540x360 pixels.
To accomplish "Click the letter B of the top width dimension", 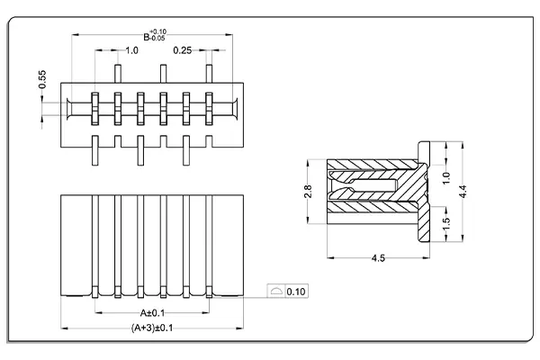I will [x=146, y=37].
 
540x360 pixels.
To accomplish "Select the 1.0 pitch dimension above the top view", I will [x=131, y=51].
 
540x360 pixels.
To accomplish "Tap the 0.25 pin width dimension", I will [x=182, y=51].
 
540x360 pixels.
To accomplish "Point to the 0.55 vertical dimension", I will [x=42, y=79].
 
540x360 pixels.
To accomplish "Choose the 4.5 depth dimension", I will [x=378, y=259].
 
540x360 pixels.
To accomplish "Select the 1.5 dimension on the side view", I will [x=446, y=222].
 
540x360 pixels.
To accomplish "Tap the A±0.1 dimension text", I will [x=151, y=313].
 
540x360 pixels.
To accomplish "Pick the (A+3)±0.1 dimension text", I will [x=151, y=328].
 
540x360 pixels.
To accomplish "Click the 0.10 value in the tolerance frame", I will [x=297, y=292].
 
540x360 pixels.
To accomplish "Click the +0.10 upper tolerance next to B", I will [x=158, y=32].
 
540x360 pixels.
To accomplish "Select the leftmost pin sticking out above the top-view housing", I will [x=116, y=73].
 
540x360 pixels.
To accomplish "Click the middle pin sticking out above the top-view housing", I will [x=162, y=73].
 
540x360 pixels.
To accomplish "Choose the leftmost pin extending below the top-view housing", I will [x=94, y=150].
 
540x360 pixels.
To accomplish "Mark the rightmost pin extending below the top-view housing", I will [x=185, y=150].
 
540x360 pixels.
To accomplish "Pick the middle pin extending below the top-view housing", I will [x=139, y=150].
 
